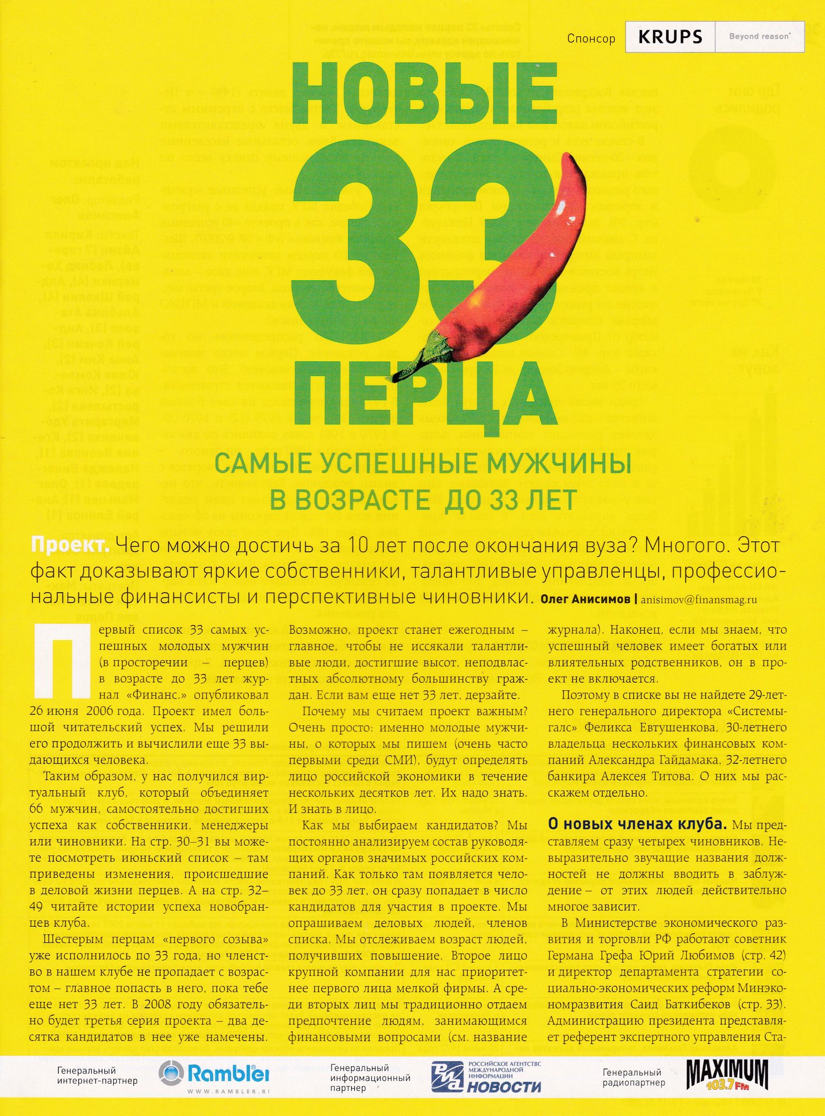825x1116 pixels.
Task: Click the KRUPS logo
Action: (670, 37)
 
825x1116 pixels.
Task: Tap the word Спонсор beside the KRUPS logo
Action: (591, 39)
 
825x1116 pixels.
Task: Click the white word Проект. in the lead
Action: (70, 545)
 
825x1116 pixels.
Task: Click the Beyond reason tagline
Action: (759, 37)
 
